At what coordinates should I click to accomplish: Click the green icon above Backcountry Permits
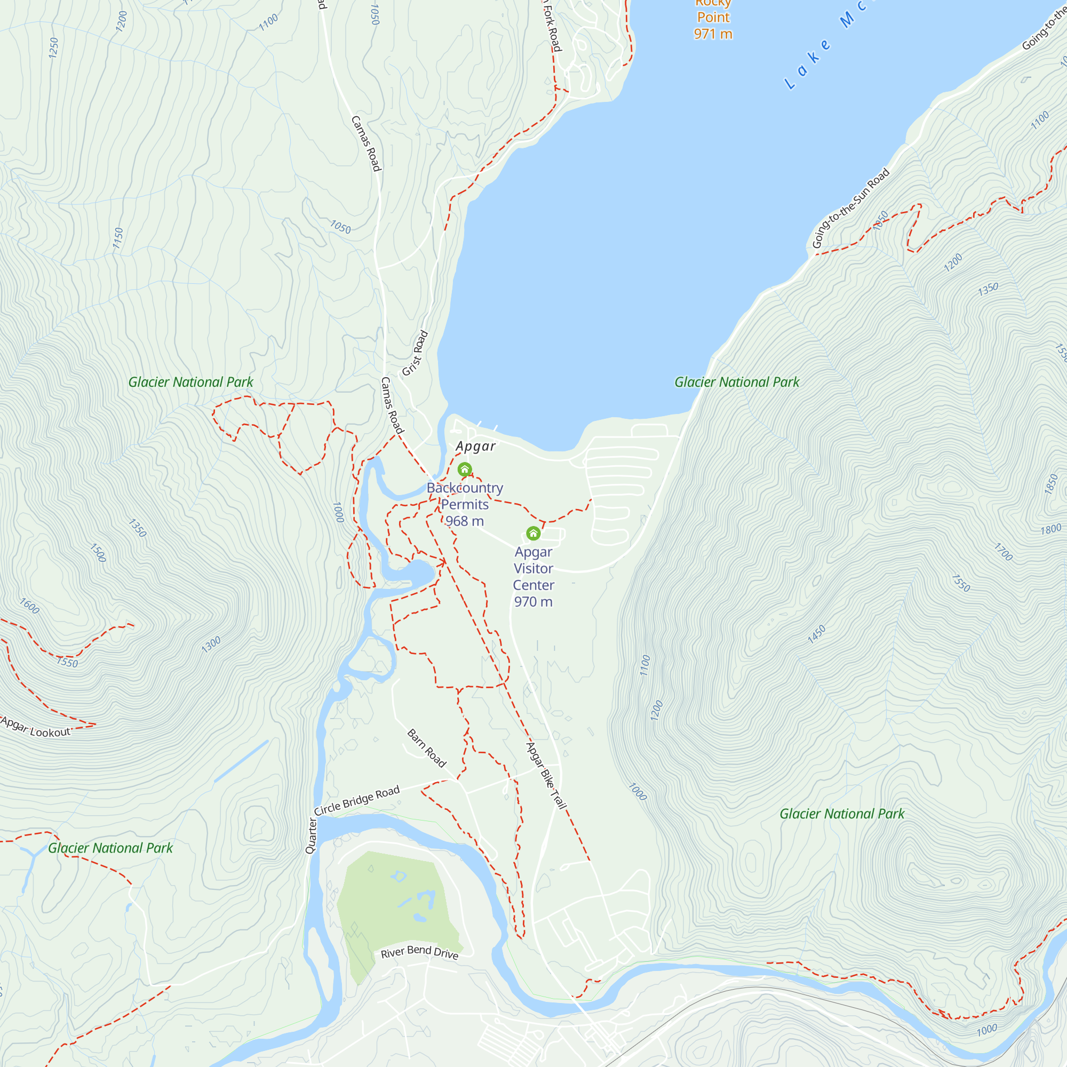coord(465,469)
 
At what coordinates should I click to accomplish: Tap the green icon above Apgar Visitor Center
coord(533,533)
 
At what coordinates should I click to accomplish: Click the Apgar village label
coord(475,446)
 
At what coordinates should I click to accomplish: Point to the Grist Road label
coord(415,354)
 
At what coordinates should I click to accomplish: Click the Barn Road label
coord(426,749)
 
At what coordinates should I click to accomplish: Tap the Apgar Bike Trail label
coord(546,776)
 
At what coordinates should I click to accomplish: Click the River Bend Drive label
coord(420,952)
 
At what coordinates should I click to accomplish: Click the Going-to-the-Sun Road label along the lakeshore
coord(850,208)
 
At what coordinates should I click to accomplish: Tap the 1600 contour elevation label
coord(29,606)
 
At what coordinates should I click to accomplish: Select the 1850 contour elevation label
coord(1051,484)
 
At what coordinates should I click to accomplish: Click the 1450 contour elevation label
coord(816,634)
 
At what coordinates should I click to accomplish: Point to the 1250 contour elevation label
coord(53,48)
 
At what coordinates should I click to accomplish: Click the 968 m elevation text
coord(465,521)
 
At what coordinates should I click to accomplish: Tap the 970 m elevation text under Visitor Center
coord(533,601)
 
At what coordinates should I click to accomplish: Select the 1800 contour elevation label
coord(1050,529)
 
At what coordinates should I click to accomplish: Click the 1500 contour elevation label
coord(98,552)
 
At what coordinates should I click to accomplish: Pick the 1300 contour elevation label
coord(210,644)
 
